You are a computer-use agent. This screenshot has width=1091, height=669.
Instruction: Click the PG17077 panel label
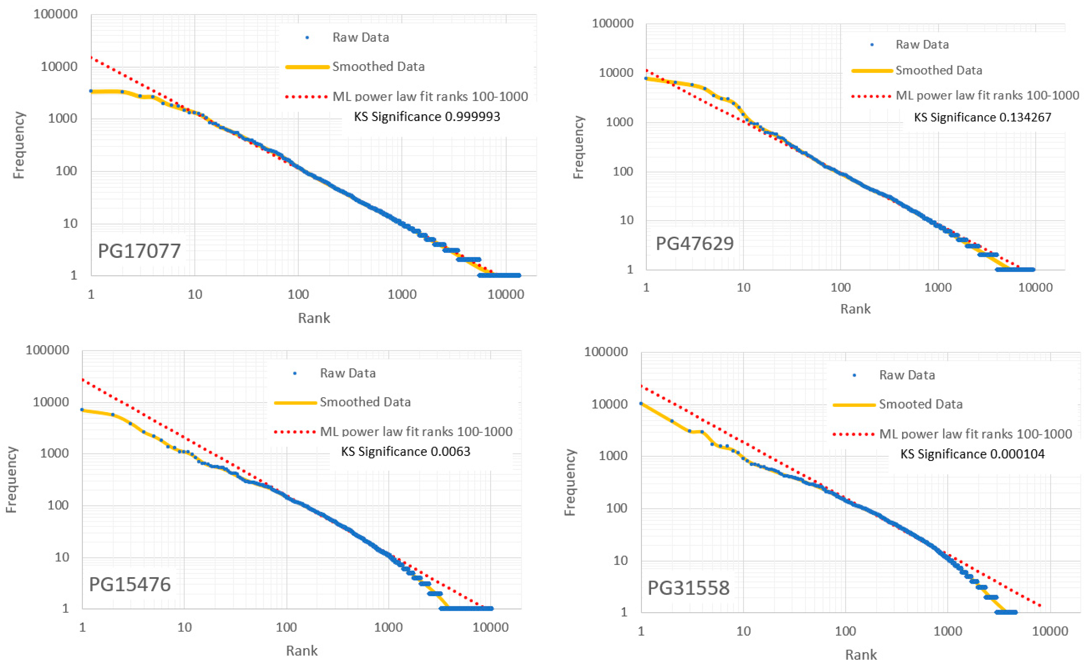(x=139, y=251)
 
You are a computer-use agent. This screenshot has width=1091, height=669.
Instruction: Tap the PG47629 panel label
(x=694, y=243)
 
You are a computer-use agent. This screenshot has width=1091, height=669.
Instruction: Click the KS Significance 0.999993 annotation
(x=427, y=116)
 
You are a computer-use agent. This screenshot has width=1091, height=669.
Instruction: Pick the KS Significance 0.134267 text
(x=982, y=117)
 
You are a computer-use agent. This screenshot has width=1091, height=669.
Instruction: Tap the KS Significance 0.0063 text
(x=405, y=451)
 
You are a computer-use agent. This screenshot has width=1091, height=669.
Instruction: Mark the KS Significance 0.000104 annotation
(x=972, y=454)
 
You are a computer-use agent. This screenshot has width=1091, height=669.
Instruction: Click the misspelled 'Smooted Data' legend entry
(x=920, y=404)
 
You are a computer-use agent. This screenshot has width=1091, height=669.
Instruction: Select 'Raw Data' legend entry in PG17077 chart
(x=360, y=37)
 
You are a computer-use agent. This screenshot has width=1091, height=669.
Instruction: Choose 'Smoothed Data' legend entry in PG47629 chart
(x=939, y=70)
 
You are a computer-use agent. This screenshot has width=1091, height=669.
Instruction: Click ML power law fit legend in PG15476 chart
(x=416, y=431)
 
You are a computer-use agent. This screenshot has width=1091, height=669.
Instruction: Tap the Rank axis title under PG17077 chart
(x=314, y=318)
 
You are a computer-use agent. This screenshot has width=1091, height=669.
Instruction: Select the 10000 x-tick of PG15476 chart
(x=490, y=627)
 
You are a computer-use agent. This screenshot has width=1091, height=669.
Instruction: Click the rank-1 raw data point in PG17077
(x=91, y=91)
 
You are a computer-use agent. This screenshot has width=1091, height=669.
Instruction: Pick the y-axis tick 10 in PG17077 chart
(x=70, y=223)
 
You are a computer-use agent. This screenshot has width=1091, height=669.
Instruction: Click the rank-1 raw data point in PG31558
(x=641, y=403)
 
